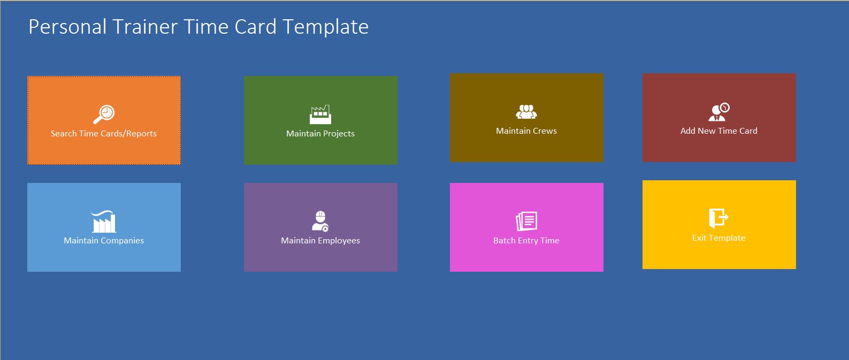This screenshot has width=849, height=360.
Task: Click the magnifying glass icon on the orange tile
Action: coord(104,114)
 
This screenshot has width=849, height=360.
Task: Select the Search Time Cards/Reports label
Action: coord(104,134)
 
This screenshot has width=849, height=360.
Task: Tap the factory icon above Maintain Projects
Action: coord(320,114)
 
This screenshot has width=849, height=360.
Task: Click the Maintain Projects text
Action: coord(320,134)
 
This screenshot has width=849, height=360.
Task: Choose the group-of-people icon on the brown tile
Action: coord(526,112)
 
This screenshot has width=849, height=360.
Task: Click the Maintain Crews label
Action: coord(526,131)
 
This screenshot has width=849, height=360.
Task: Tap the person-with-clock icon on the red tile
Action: coord(718,112)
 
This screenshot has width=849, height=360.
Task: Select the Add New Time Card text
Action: coord(718,131)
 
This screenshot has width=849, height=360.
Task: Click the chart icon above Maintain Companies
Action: coord(104,221)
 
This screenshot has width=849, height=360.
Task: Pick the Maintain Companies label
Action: coord(104,241)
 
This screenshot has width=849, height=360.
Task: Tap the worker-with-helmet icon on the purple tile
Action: coord(320,221)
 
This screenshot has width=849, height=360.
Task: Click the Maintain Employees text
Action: coord(320,241)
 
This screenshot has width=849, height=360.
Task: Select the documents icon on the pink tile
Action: coord(526,221)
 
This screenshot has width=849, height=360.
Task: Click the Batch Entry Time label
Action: coord(526,241)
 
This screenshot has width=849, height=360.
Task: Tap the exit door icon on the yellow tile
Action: coord(718,218)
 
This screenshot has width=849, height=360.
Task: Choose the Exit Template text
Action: coord(718,238)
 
